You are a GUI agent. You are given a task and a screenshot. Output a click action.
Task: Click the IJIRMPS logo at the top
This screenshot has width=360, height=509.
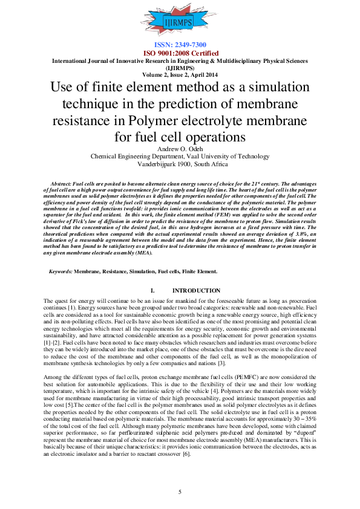click(x=180, y=22)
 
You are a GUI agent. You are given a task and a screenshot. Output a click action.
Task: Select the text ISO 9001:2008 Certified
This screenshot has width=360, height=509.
click(x=180, y=53)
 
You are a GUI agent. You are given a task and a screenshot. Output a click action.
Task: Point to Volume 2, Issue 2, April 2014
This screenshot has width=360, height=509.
click(x=180, y=74)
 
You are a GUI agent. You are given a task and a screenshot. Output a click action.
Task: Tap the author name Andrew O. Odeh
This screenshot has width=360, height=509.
click(x=180, y=148)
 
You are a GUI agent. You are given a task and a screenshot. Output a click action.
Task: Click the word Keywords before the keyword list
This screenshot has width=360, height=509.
click(x=61, y=271)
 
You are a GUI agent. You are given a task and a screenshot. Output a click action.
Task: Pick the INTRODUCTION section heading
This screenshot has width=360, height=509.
click(x=196, y=291)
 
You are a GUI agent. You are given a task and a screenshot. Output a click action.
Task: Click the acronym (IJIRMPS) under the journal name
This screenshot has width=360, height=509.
click(x=180, y=68)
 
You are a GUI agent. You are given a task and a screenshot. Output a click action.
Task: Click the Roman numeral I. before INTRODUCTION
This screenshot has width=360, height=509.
click(x=152, y=291)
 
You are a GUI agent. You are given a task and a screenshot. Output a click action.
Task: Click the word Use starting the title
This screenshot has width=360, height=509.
click(x=62, y=87)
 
